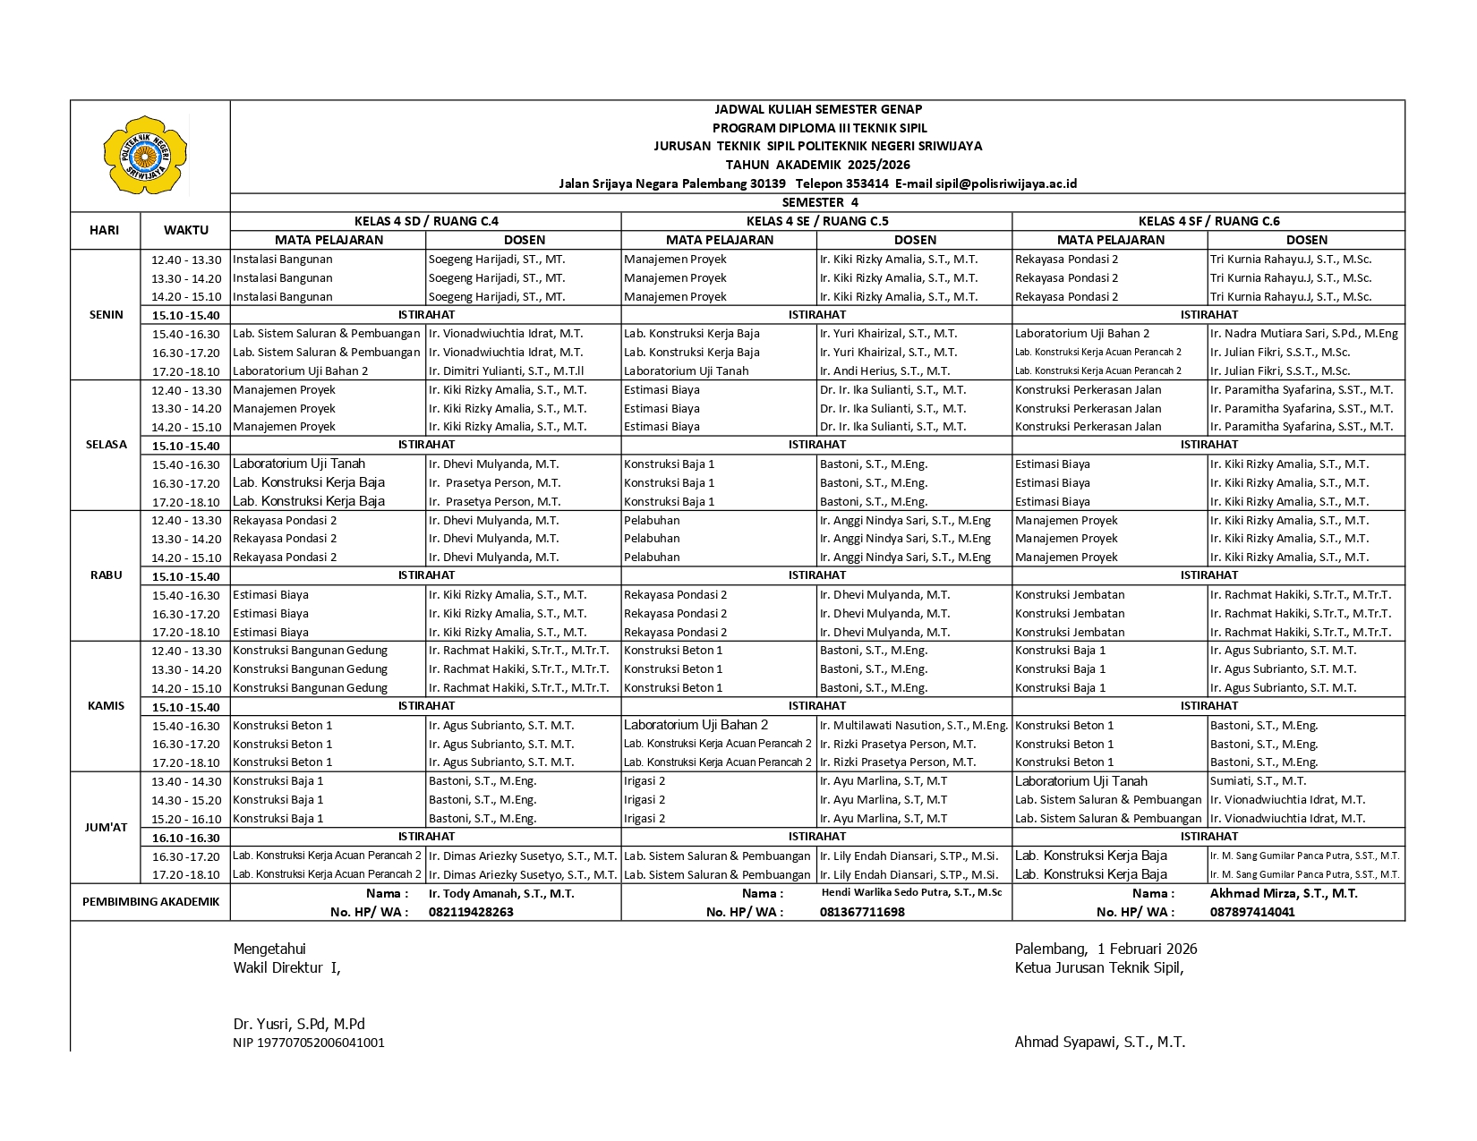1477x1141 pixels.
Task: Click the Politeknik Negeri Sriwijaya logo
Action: tap(145, 155)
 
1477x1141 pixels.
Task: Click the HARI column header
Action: tap(104, 230)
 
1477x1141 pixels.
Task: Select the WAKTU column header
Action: tap(186, 230)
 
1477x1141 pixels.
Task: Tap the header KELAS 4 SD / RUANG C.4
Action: tap(426, 221)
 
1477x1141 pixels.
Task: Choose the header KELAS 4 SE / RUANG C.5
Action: tap(816, 221)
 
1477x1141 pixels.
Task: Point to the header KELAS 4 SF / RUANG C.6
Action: tap(1208, 221)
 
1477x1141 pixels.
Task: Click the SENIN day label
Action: tap(107, 315)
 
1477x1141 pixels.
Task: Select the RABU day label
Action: tap(107, 575)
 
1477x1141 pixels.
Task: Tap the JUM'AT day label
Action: tap(107, 828)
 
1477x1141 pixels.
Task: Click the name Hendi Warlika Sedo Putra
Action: tap(911, 892)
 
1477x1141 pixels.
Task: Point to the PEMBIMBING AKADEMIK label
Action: tap(150, 902)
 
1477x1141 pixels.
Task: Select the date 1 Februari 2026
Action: tap(1147, 949)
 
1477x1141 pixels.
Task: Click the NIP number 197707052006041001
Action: tap(309, 1043)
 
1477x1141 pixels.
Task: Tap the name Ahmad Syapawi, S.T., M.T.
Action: tap(1099, 1042)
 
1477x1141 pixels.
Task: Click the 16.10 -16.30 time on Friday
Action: tap(186, 839)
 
